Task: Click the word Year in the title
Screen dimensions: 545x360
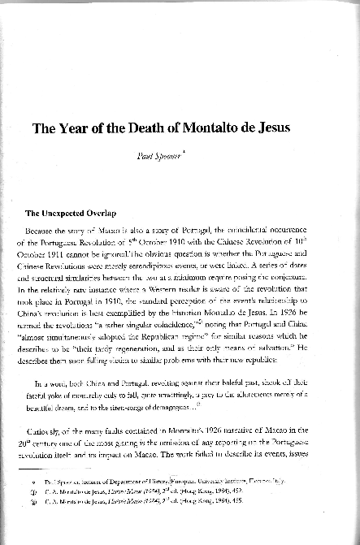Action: (80, 128)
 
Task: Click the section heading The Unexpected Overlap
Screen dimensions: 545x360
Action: (72, 214)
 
